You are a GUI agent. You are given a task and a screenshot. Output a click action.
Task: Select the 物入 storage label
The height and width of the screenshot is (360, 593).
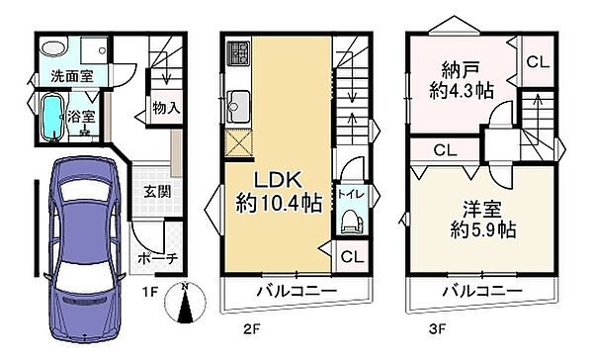(x=165, y=108)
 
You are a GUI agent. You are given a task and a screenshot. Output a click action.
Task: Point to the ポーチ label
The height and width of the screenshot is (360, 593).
(x=157, y=258)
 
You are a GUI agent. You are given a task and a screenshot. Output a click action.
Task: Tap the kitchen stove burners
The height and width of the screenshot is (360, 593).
(x=237, y=52)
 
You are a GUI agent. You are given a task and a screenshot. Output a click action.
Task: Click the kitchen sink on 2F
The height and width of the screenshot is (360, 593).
(x=239, y=100)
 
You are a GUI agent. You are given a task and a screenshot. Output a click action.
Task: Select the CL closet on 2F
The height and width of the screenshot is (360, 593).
(x=351, y=256)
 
